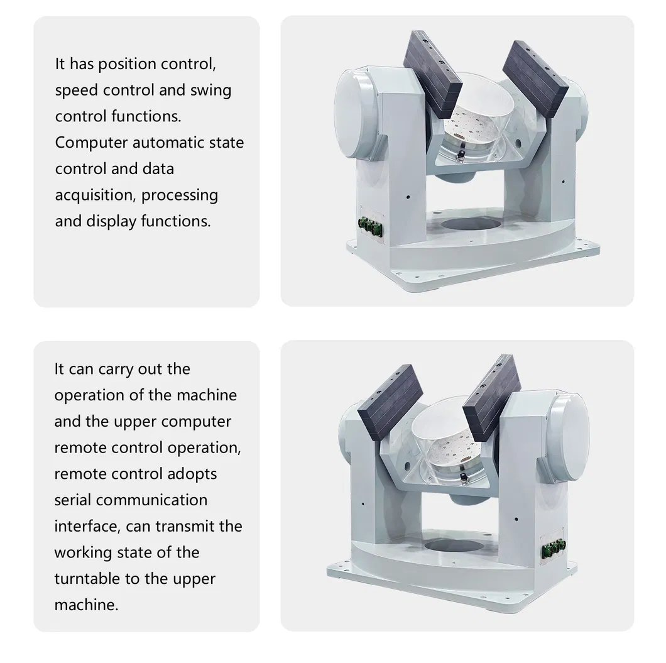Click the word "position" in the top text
pyautogui.click(x=128, y=64)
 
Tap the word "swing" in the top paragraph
pyautogui.click(x=210, y=90)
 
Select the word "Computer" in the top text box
pyautogui.click(x=91, y=143)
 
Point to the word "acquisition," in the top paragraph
pyautogui.click(x=96, y=195)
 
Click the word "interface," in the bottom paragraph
pyautogui.click(x=87, y=526)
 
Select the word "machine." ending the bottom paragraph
pyautogui.click(x=86, y=605)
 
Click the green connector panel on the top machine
pyautogui.click(x=370, y=225)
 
